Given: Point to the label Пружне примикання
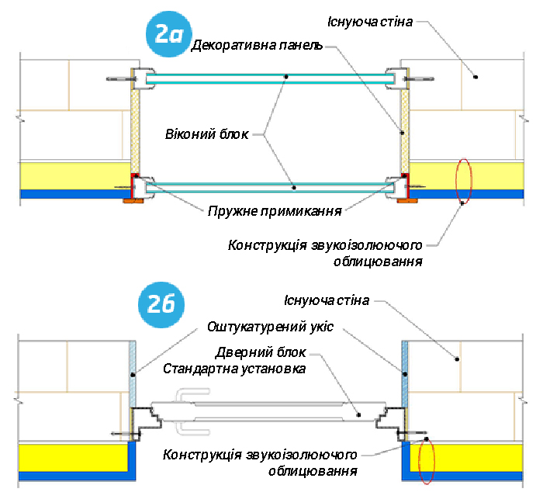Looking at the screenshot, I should (275, 210).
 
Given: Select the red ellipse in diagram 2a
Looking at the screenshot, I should (464, 180).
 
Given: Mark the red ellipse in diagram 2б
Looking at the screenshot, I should (427, 464).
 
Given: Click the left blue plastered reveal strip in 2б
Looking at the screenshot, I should (133, 373).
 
